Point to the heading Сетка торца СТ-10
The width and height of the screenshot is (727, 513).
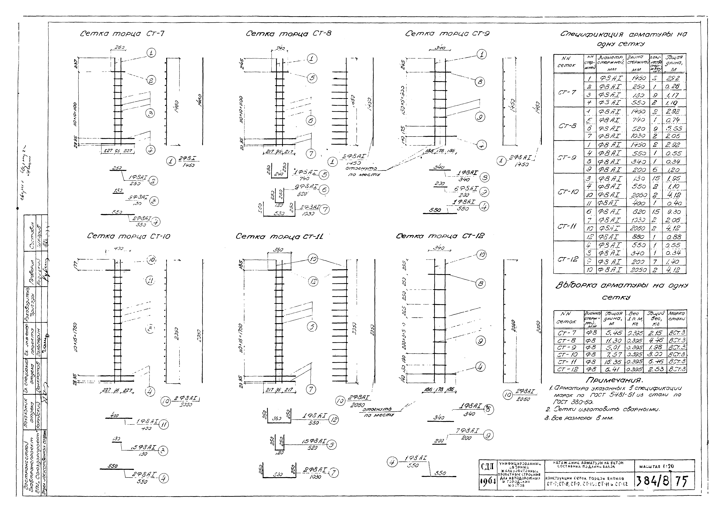(129, 236)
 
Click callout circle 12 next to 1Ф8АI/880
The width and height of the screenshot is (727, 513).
(333, 420)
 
